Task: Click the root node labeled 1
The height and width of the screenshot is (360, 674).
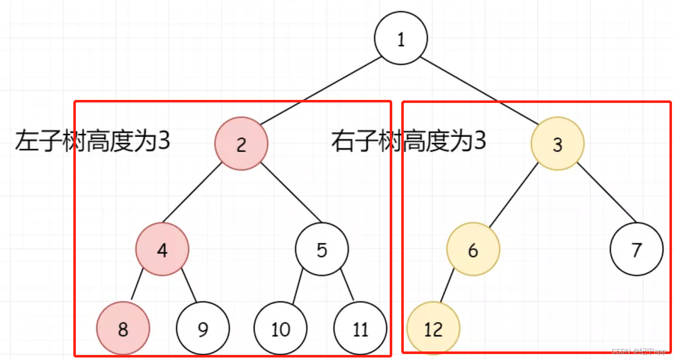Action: (401, 39)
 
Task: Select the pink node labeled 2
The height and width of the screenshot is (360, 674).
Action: (242, 144)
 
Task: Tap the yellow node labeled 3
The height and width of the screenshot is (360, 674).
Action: (557, 144)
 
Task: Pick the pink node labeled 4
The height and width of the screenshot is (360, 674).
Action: (162, 250)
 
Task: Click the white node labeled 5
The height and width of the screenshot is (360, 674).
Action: (321, 250)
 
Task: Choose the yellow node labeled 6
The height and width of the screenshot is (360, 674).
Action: (473, 250)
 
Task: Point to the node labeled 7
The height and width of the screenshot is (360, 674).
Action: (636, 250)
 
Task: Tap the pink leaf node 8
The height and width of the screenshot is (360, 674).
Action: (123, 329)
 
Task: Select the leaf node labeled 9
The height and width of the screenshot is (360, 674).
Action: (202, 329)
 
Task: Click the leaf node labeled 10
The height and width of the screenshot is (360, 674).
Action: (280, 329)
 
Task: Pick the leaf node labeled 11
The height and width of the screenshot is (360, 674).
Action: (361, 329)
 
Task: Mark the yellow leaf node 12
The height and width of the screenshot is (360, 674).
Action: (433, 329)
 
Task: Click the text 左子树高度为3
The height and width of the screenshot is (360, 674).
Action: (93, 142)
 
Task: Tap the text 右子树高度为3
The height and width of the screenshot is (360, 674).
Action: (408, 142)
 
